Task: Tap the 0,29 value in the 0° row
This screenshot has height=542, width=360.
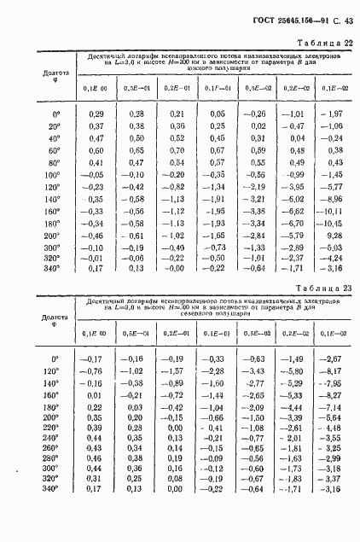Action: (96, 114)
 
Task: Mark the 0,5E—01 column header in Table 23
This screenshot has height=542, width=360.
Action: (133, 334)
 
